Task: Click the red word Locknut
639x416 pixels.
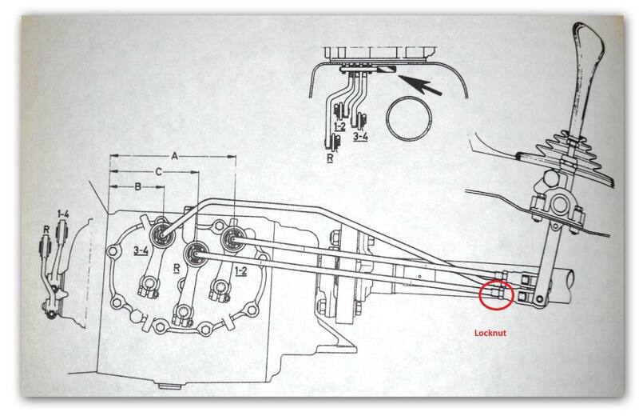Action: pyautogui.click(x=490, y=333)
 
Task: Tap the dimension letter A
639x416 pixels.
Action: pyautogui.click(x=174, y=156)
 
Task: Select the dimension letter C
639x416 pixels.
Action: pyautogui.click(x=158, y=172)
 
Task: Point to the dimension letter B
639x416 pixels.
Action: pyautogui.click(x=137, y=186)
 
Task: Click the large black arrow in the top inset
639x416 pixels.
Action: pyautogui.click(x=420, y=85)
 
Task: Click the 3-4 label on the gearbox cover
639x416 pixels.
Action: pyautogui.click(x=141, y=250)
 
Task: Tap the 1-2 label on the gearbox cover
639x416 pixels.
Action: pyautogui.click(x=240, y=270)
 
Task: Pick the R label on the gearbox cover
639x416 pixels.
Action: pyautogui.click(x=177, y=268)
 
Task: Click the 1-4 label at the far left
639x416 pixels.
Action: pyautogui.click(x=63, y=214)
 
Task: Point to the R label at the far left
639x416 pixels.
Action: pyautogui.click(x=46, y=230)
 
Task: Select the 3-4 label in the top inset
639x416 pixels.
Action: pyautogui.click(x=360, y=136)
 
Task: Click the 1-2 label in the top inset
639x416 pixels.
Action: pyautogui.click(x=339, y=126)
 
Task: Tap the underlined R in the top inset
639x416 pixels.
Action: pyautogui.click(x=330, y=158)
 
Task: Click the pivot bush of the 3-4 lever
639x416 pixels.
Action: pyautogui.click(x=162, y=234)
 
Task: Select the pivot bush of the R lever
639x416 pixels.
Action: pyautogui.click(x=196, y=254)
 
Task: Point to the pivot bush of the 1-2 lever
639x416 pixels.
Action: pyautogui.click(x=232, y=238)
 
